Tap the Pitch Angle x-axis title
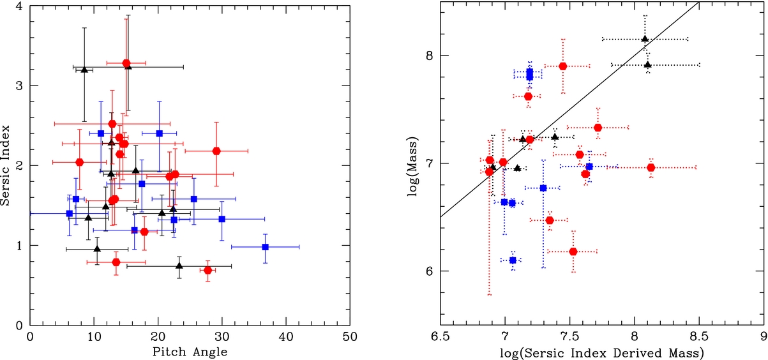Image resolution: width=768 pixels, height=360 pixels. click(190, 350)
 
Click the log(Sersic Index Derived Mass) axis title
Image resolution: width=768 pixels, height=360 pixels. click(602, 350)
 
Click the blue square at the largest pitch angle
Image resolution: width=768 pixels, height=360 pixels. click(266, 246)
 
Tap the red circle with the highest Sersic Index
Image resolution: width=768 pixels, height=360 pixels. click(126, 63)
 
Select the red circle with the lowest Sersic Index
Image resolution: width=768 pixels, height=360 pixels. click(207, 270)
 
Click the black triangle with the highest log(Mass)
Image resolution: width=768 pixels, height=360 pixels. click(645, 39)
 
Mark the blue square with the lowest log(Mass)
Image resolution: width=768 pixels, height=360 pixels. click(513, 260)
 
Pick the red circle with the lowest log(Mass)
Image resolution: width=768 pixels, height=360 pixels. click(573, 251)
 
